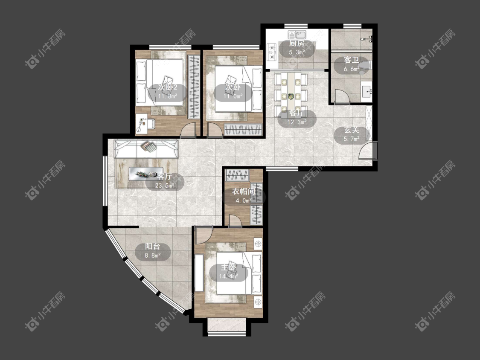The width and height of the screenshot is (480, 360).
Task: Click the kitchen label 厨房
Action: pyautogui.click(x=297, y=44)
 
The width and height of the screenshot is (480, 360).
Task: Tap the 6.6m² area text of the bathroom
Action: pyautogui.click(x=352, y=69)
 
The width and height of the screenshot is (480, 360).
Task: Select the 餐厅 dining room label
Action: pyautogui.click(x=297, y=113)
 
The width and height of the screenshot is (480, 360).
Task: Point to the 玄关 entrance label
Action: pyautogui.click(x=352, y=131)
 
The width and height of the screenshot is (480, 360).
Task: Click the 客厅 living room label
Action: pyautogui.click(x=164, y=177)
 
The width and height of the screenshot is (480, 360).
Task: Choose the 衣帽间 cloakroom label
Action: pyautogui.click(x=244, y=192)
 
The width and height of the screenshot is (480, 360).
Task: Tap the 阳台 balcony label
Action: pyautogui.click(x=152, y=247)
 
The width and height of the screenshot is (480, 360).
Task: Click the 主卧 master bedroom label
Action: pyautogui.click(x=229, y=267)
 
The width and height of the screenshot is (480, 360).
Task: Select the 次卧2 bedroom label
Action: pyautogui.click(x=168, y=87)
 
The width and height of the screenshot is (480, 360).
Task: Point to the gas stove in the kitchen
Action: pyautogui.click(x=271, y=52)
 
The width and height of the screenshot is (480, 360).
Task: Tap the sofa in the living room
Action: pyautogui.click(x=146, y=149)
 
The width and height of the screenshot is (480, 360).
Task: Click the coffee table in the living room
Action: pyautogui.click(x=146, y=174)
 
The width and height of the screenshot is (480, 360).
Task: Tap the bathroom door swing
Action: pyautogui.click(x=342, y=96)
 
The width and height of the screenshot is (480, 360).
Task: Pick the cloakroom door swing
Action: pyautogui.click(x=235, y=221)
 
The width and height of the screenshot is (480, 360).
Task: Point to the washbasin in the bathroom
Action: pyautogui.click(x=367, y=90)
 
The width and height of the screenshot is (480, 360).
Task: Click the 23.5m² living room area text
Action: pyautogui.click(x=164, y=186)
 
